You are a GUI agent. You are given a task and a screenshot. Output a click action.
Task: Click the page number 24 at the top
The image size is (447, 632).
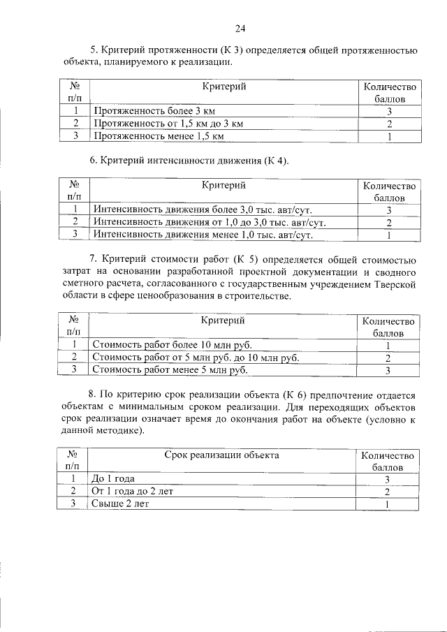coord(240,29)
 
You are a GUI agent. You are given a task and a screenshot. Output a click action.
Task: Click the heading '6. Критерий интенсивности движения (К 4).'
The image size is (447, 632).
coord(189,161)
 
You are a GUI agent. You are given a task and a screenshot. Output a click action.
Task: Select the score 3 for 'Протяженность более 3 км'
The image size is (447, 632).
coord(388,112)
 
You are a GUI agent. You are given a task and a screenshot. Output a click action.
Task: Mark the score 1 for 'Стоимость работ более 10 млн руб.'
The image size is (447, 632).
coord(388,345)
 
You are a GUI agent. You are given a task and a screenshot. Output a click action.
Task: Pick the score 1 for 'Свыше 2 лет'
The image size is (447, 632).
coord(388,504)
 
